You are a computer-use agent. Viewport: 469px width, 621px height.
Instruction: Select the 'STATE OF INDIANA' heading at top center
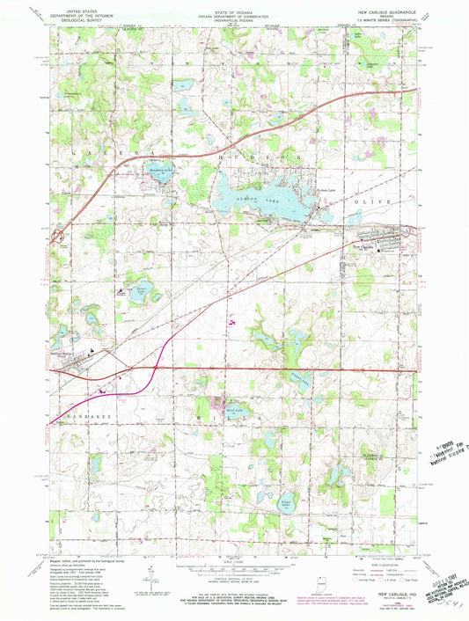click(233, 5)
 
